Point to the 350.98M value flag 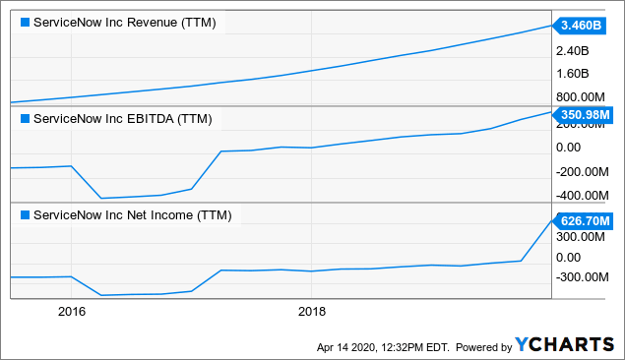click(585, 114)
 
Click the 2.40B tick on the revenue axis click(574, 50)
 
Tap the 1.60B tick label click(574, 74)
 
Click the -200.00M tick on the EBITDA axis click(582, 170)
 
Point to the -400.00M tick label click(582, 194)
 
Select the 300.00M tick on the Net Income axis click(581, 236)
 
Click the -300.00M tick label click(582, 277)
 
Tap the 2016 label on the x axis click(72, 312)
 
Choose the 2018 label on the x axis click(312, 312)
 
